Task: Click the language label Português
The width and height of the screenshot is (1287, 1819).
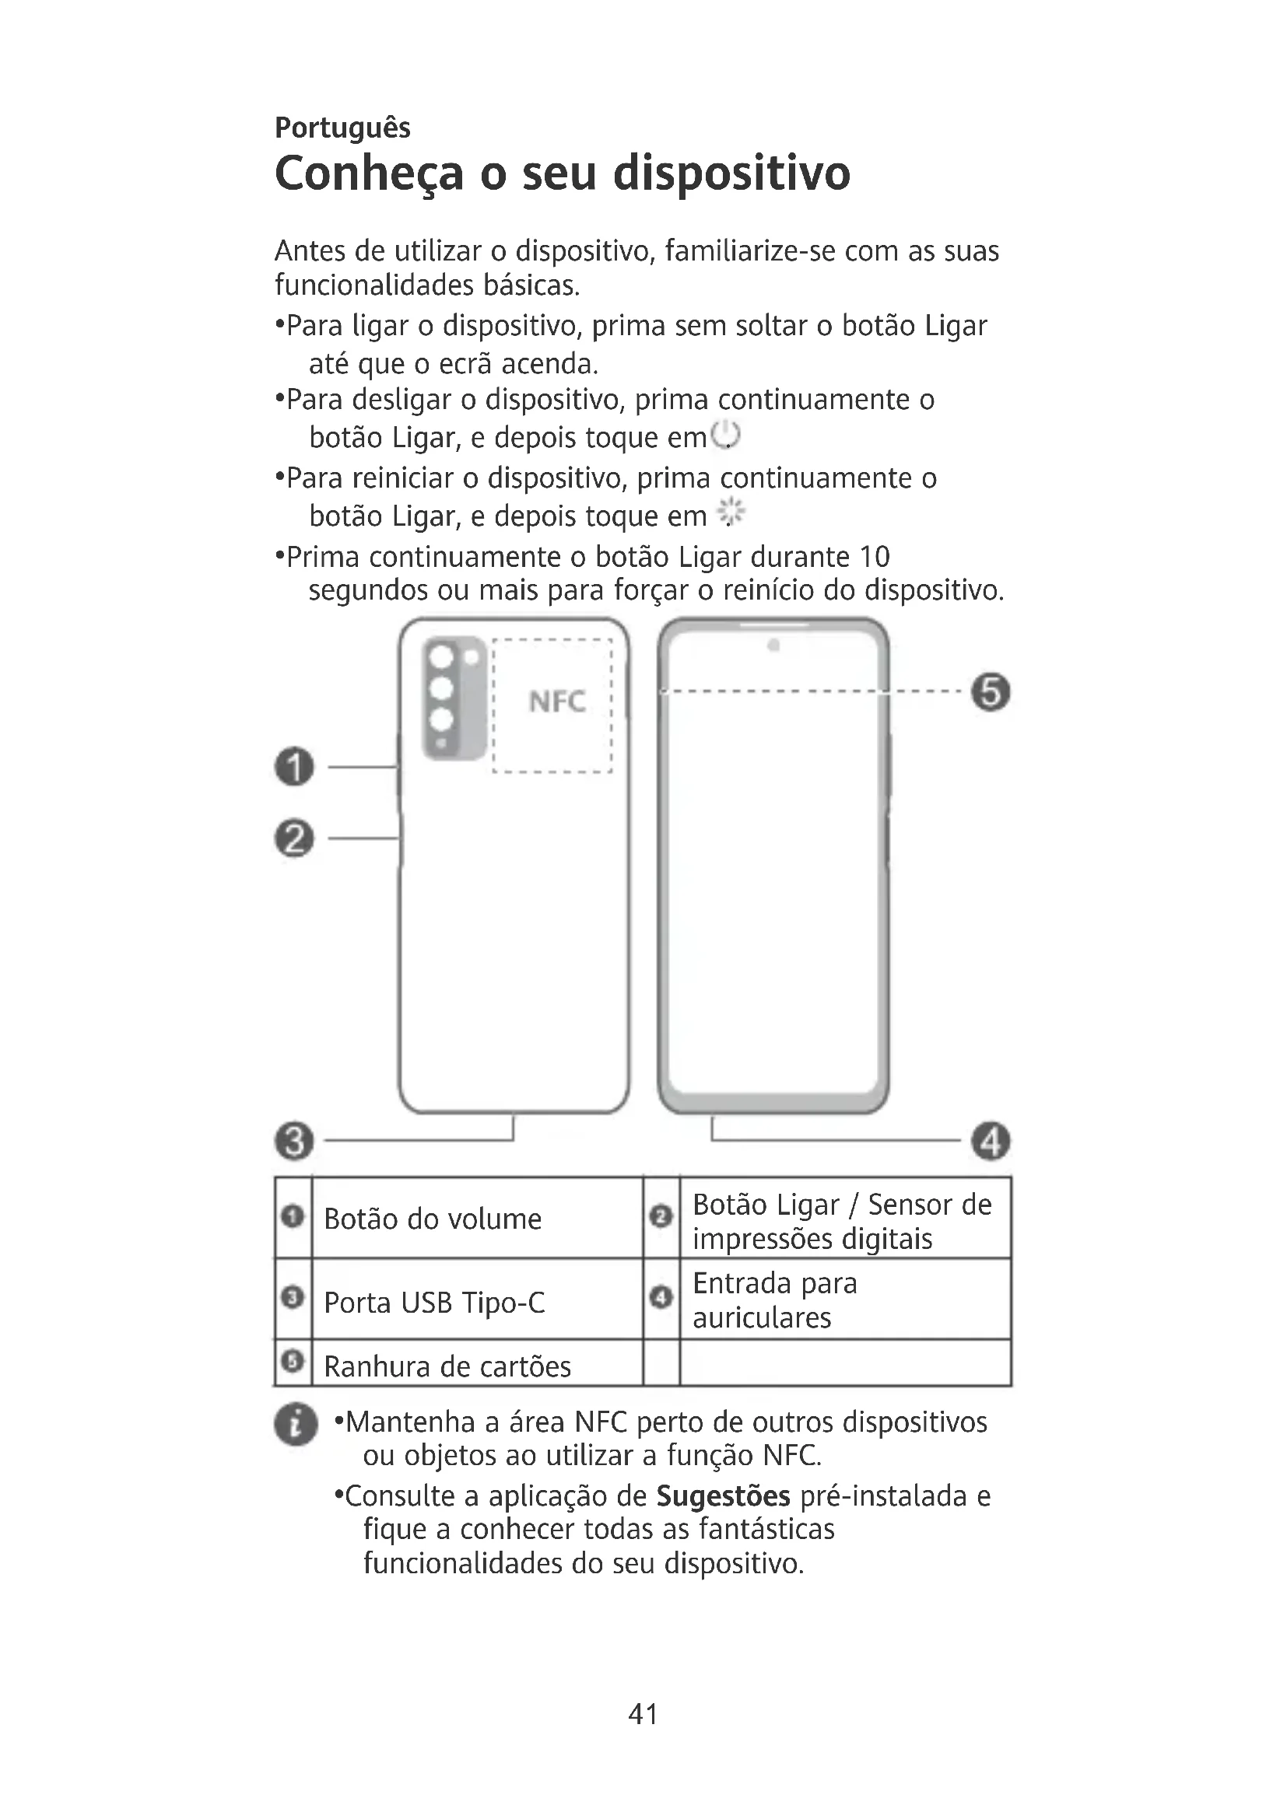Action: coord(342,128)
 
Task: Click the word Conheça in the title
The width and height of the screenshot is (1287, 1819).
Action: coord(369,174)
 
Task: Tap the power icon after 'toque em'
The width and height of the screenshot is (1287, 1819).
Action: coord(726,436)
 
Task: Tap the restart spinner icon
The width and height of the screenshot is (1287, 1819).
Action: coord(731,513)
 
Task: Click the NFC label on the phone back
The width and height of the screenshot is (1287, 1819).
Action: coord(557,702)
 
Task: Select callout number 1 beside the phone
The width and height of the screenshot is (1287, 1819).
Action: coord(295,767)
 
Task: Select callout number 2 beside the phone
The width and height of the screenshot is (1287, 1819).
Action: coord(295,838)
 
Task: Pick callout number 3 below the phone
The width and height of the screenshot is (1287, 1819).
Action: coord(295,1142)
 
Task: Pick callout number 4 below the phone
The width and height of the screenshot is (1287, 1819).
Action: coord(991,1142)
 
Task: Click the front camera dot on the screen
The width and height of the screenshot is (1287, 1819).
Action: coord(773,645)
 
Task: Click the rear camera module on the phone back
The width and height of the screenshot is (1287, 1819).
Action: coord(454,698)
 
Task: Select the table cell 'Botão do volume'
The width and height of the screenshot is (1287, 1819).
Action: coord(433,1219)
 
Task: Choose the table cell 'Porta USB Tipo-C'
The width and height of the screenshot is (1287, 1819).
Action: coord(434,1303)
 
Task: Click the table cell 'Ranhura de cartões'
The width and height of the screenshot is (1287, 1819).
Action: coord(447,1366)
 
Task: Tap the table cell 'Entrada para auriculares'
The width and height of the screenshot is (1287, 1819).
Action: coord(774,1300)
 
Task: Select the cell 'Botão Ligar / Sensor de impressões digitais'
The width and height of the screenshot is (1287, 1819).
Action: coord(842,1221)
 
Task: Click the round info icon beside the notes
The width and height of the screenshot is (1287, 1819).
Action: coord(296,1425)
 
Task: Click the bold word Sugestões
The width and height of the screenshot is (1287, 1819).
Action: coord(723,1496)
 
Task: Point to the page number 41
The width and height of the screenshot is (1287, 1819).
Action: coord(643,1714)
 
